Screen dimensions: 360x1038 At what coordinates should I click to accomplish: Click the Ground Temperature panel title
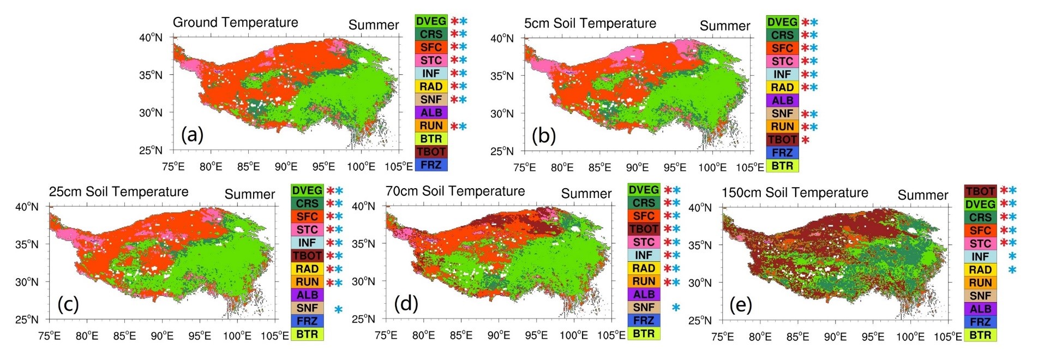(235, 22)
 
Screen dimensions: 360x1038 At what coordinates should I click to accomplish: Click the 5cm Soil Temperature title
(590, 23)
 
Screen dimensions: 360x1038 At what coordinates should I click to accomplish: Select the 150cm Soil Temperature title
(795, 193)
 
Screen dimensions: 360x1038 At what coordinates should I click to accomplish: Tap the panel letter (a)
(192, 134)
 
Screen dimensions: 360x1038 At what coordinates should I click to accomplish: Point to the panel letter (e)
(741, 305)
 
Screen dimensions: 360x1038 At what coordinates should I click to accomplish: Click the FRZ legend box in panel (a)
(431, 165)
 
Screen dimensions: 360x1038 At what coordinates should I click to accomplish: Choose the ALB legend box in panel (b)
(782, 100)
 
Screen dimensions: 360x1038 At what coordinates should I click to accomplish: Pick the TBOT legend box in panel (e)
(980, 191)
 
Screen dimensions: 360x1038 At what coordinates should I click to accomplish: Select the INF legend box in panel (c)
(307, 243)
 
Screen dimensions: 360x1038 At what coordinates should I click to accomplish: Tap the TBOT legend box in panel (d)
(644, 229)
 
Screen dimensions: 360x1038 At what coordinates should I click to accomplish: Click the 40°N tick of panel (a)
(151, 38)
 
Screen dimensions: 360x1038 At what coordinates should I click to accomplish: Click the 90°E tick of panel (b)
(637, 167)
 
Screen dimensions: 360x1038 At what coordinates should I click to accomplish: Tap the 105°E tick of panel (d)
(611, 335)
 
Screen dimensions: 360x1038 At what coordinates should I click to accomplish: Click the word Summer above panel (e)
(923, 195)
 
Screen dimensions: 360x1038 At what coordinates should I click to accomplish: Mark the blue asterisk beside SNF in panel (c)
(338, 309)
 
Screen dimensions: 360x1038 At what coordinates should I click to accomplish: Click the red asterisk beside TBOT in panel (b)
(805, 140)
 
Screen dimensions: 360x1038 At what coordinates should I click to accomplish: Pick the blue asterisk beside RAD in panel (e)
(1012, 269)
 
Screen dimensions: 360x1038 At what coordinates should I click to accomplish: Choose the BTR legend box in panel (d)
(644, 334)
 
